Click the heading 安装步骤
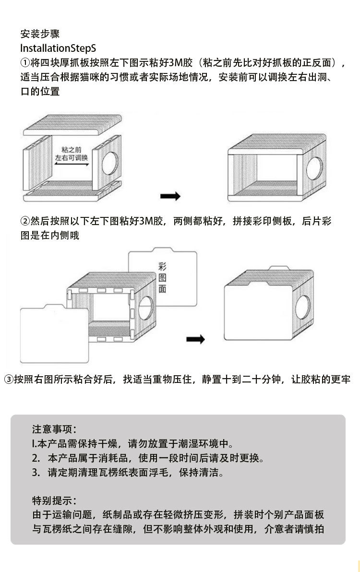click(40, 34)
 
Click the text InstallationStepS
click(58, 48)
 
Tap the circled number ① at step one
click(25, 63)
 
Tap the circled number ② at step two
click(25, 221)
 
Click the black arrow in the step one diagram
click(170, 196)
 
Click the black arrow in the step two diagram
click(195, 339)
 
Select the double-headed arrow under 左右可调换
click(71, 164)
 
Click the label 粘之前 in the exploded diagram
click(71, 150)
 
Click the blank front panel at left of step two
click(54, 335)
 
